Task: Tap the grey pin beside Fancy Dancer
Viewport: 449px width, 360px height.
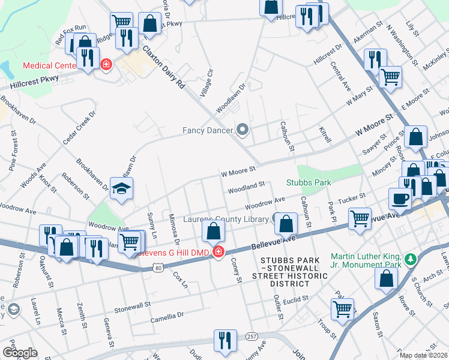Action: pyautogui.click(x=243, y=130)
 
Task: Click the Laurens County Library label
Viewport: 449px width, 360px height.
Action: pyautogui.click(x=226, y=220)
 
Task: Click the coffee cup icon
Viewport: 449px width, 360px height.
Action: pyautogui.click(x=400, y=198)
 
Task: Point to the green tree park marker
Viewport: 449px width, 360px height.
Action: pyautogui.click(x=411, y=259)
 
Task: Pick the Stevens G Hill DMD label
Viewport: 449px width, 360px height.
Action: pyautogui.click(x=174, y=253)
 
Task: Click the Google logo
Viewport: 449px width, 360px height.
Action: pyautogui.click(x=19, y=353)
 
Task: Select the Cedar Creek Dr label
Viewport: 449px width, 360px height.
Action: pyautogui.click(x=79, y=127)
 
